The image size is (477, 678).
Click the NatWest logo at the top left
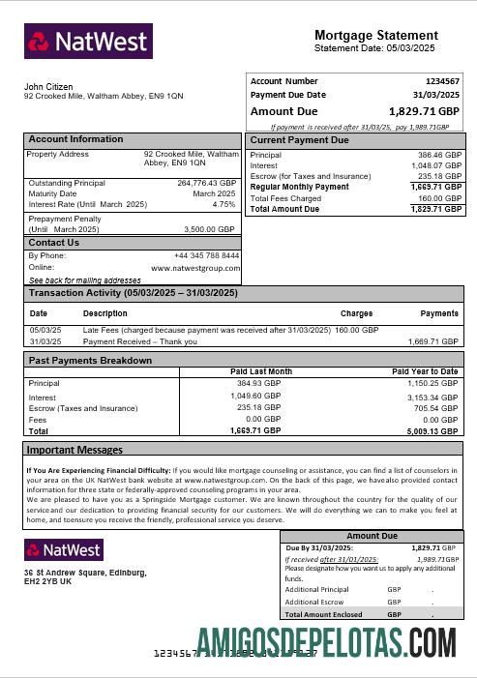(88, 42)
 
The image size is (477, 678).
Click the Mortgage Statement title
(383, 35)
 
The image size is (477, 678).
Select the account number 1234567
(442, 81)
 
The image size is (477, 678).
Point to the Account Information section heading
(75, 139)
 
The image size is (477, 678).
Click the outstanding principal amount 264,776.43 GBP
(206, 182)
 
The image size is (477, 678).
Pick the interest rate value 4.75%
(224, 204)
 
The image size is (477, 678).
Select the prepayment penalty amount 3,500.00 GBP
(209, 229)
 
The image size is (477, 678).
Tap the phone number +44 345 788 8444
(206, 255)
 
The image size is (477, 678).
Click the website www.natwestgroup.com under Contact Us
(194, 267)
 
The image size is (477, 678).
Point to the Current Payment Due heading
(299, 140)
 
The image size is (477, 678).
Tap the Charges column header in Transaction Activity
(356, 313)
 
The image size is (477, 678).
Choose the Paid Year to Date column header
(425, 371)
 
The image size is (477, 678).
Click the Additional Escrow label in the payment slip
(314, 602)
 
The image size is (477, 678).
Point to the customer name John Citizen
(48, 87)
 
